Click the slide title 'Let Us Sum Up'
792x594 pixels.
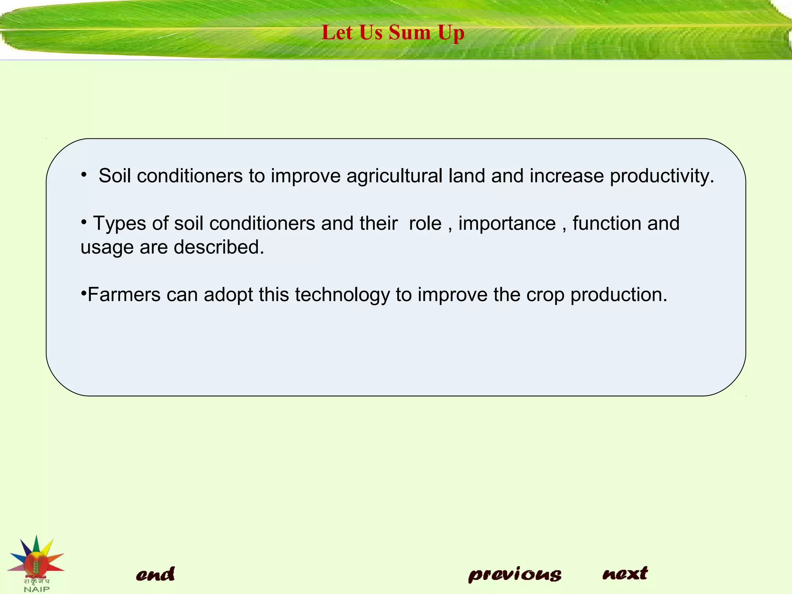(x=393, y=32)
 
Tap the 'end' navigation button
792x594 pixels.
(x=155, y=574)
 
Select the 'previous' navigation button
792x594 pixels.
(x=515, y=574)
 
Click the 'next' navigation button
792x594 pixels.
(x=625, y=573)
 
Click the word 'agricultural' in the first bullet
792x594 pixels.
(x=394, y=176)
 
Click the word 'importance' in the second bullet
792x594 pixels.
(x=507, y=224)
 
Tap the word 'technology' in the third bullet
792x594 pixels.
(x=342, y=295)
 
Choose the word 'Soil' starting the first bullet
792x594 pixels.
(x=115, y=176)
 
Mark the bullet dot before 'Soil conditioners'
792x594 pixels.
(x=84, y=175)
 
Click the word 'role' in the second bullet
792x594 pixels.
(x=425, y=224)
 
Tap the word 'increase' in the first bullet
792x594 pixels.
(x=567, y=176)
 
